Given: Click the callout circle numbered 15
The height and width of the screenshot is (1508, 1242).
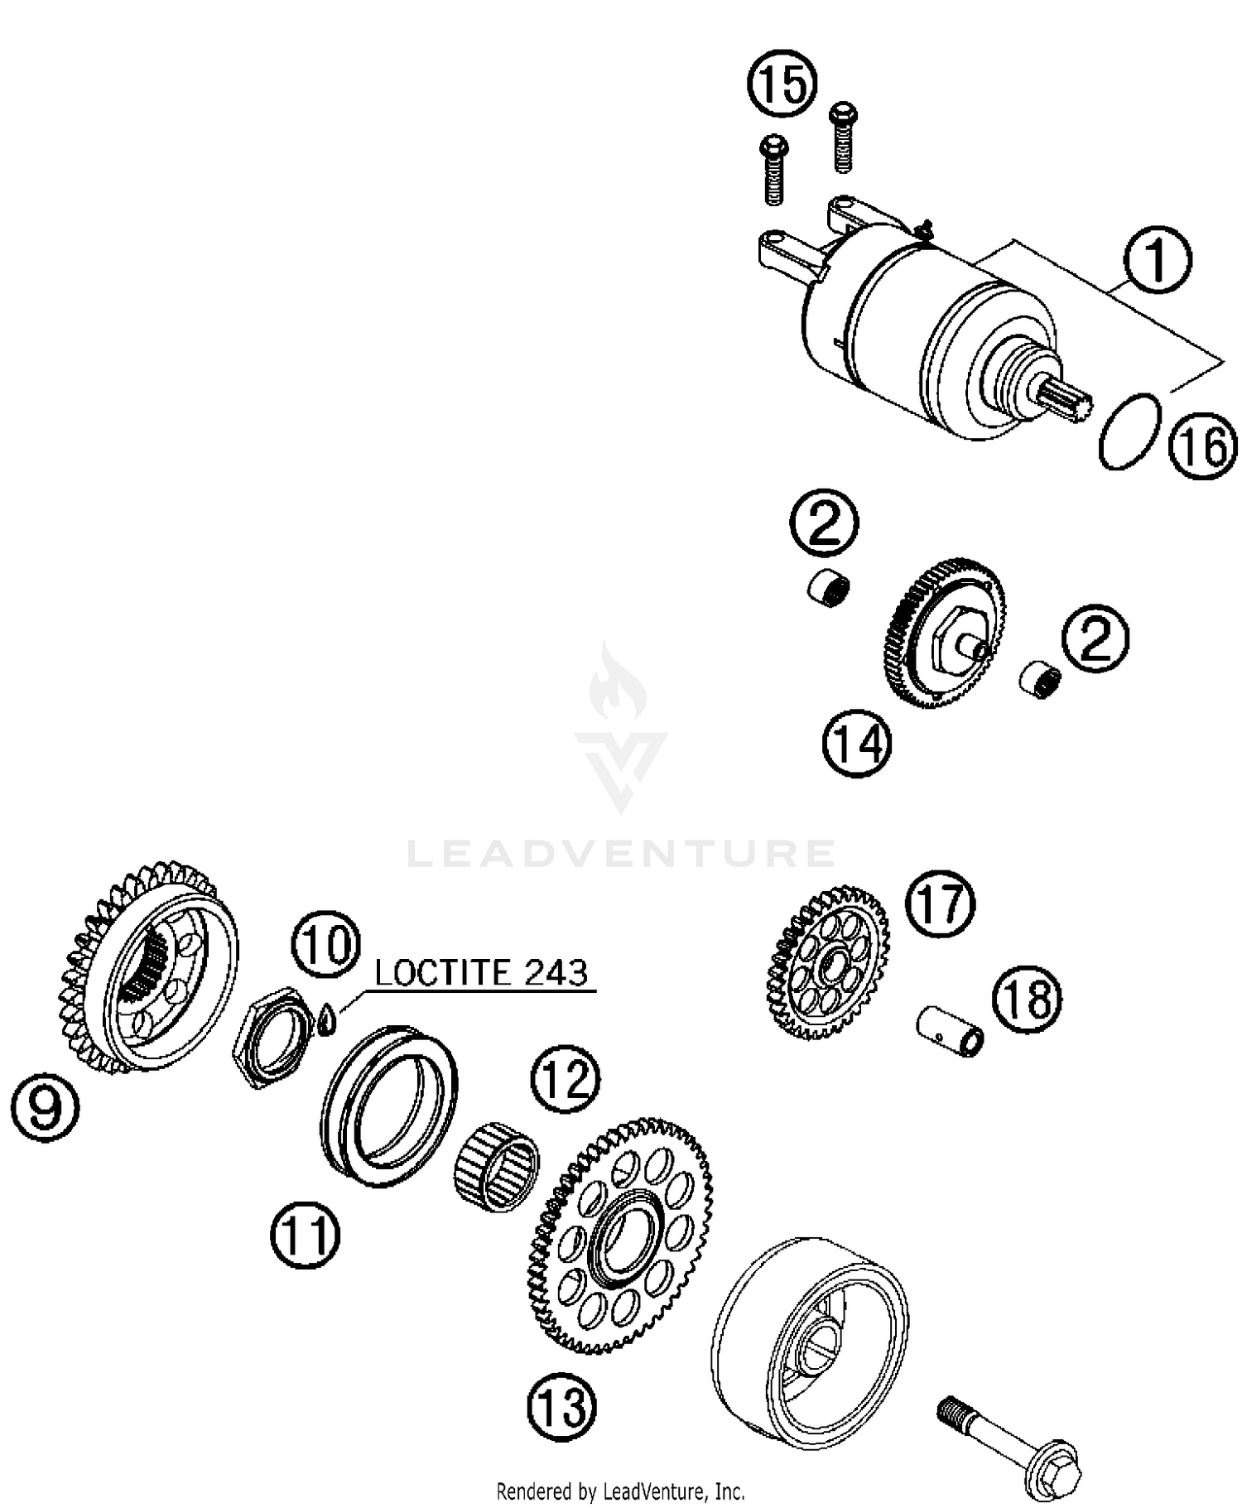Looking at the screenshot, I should pos(782,83).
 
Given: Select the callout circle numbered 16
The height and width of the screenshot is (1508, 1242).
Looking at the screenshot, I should pos(1202,446).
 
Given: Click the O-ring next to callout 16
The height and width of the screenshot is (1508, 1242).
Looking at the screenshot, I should pos(1129,431).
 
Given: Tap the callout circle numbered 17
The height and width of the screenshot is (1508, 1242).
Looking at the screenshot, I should pos(939,903).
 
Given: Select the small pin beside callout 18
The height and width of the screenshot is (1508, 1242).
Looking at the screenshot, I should pos(951,1030).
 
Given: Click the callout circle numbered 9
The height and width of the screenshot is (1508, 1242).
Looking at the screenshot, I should pos(46,1108).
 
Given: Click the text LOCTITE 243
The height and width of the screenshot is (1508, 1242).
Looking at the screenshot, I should pos(481,972).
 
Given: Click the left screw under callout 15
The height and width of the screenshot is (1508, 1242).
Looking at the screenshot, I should pos(773,172).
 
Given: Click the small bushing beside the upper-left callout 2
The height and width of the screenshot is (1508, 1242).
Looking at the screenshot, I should pos(828,588).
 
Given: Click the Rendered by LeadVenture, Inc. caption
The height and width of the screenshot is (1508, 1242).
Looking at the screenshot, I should pos(620,1491).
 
